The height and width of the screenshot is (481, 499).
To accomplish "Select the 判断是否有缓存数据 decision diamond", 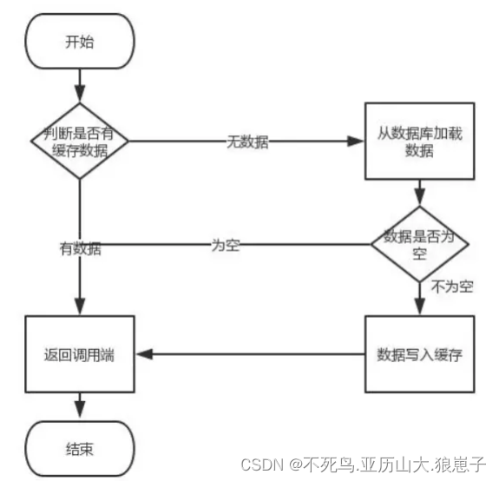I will (80, 141).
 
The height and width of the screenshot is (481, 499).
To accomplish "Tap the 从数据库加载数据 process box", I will (420, 141).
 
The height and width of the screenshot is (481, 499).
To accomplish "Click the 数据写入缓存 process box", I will (420, 354).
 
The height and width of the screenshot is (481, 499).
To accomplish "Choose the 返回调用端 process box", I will (80, 354).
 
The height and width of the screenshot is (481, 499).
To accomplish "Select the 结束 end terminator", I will (80, 449).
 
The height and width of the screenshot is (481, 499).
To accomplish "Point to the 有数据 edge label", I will (80, 249).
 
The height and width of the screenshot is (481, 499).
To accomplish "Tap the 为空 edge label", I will (225, 244).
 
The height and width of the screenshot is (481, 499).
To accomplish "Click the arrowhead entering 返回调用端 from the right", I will (144, 354).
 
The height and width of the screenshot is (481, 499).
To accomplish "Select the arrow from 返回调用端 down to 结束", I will (80, 406).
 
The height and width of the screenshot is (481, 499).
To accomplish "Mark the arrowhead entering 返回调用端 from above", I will (80, 308).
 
